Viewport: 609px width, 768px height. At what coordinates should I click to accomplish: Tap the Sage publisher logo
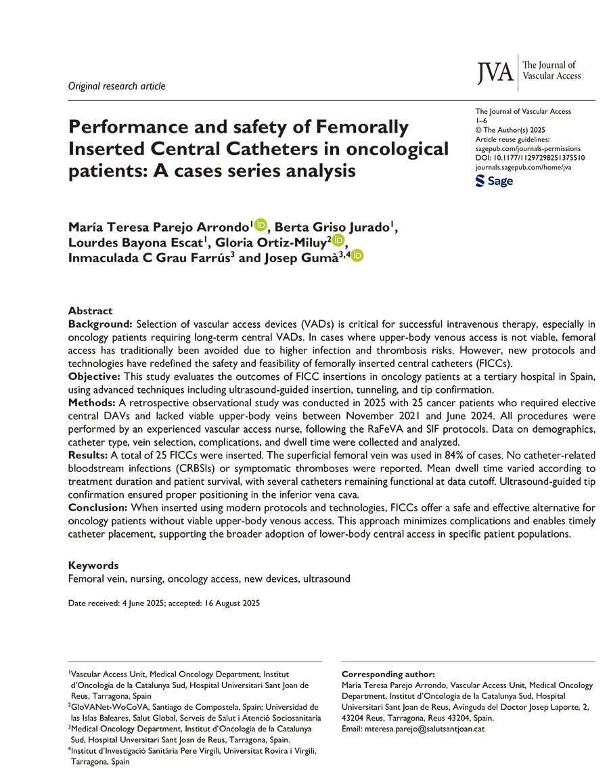495,182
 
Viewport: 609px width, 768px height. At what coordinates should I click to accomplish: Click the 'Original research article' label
116,86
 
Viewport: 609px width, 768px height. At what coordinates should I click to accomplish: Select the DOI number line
531,157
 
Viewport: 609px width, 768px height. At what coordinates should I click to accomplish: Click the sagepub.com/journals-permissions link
528,148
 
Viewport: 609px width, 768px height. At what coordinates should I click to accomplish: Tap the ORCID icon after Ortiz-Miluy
338,241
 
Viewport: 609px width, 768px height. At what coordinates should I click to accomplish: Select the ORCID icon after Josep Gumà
357,256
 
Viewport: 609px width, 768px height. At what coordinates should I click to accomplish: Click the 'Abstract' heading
90,310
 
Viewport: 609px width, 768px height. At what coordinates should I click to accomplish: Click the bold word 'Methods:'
91,402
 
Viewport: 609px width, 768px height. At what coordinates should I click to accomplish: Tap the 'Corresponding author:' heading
387,675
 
